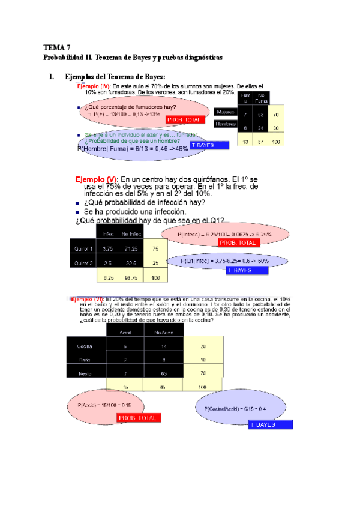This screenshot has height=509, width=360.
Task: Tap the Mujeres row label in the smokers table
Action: click(225, 112)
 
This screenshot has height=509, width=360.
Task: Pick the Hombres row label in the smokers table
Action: click(225, 124)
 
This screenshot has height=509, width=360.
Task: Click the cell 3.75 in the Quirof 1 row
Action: click(109, 248)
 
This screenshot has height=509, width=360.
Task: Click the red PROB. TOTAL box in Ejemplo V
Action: click(238, 243)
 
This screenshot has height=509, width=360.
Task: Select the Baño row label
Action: click(83, 360)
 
